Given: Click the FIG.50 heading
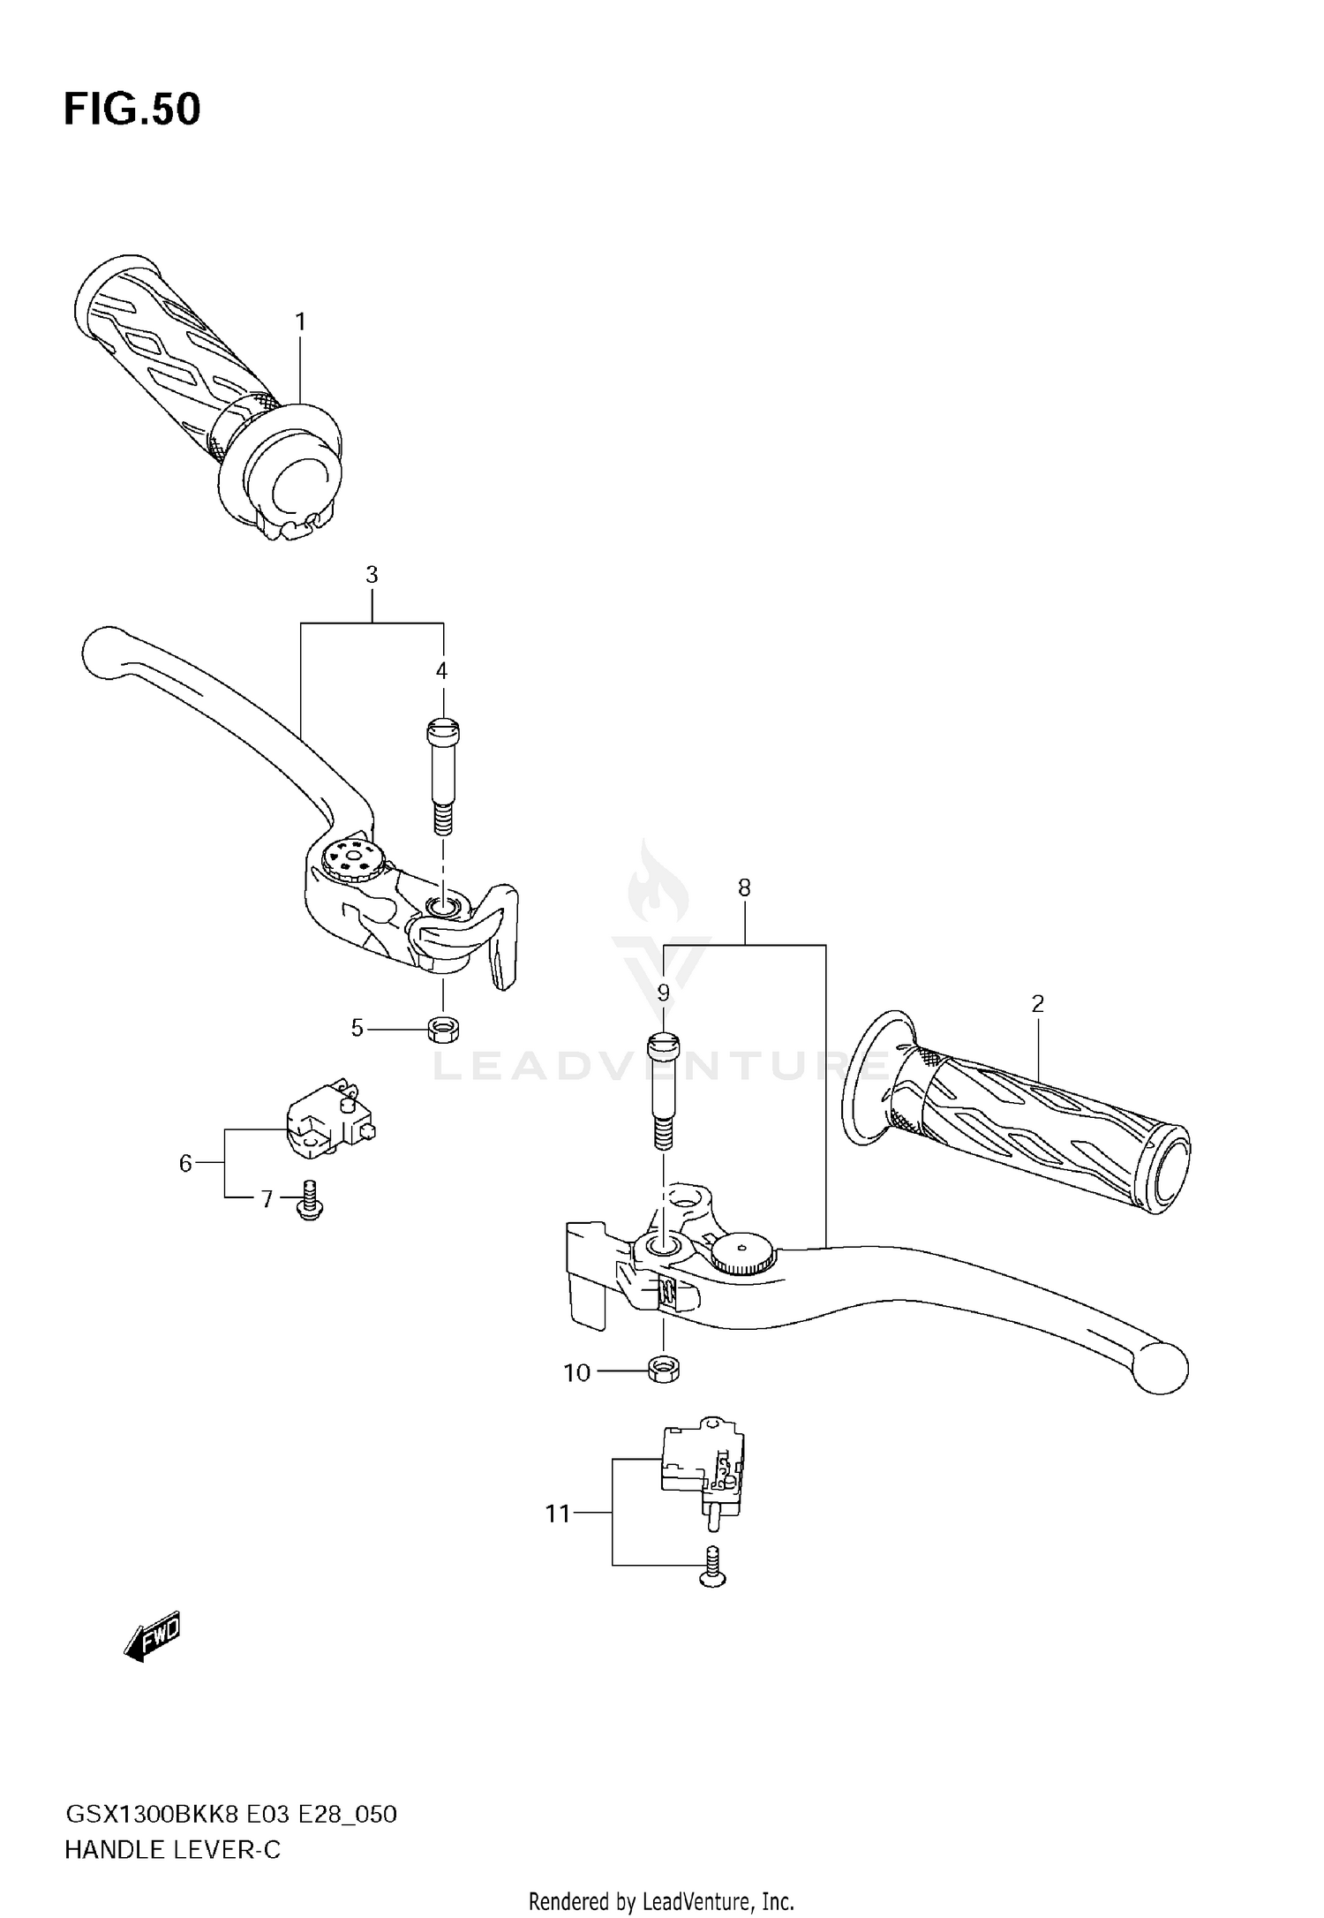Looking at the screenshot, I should (132, 109).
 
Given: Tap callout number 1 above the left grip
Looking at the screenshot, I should (300, 322).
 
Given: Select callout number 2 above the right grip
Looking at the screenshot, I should (1037, 1003).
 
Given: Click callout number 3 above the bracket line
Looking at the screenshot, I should (372, 575).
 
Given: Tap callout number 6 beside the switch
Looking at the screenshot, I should (185, 1164).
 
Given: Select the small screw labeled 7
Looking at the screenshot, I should (309, 1201).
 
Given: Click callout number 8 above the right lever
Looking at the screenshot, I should (744, 888).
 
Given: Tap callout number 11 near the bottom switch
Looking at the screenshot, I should (558, 1514).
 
